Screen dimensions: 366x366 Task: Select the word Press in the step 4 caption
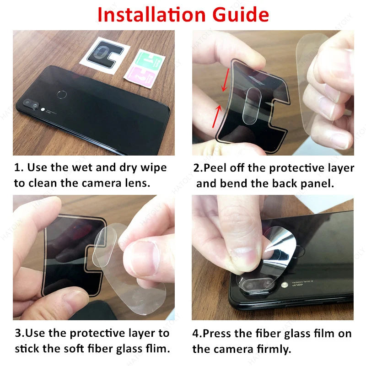217,334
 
